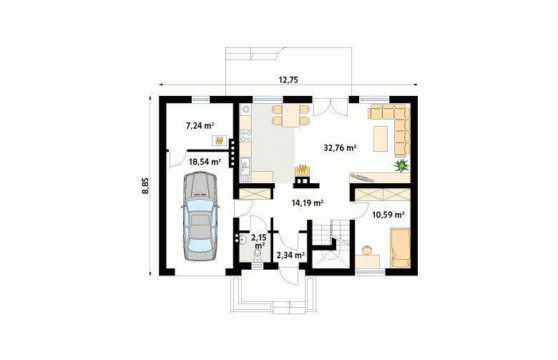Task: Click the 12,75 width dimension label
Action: pyautogui.click(x=288, y=80)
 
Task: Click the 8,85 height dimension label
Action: pyautogui.click(x=145, y=185)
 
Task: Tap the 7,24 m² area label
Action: pyautogui.click(x=200, y=125)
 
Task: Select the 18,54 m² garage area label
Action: pyautogui.click(x=205, y=162)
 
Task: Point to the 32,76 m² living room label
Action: pyautogui.click(x=341, y=147)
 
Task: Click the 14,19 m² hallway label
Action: pyautogui.click(x=308, y=203)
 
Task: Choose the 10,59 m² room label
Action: pyautogui.click(x=388, y=215)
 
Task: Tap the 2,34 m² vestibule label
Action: pyautogui.click(x=290, y=255)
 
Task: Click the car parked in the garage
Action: pyautogui.click(x=200, y=216)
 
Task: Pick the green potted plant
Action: pyautogui.click(x=402, y=165)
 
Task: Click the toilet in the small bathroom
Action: pyautogui.click(x=258, y=255)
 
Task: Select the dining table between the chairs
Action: pyautogui.click(x=291, y=116)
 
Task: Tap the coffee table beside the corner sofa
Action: pyautogui.click(x=381, y=139)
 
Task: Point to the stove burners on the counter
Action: pyautogui.click(x=245, y=136)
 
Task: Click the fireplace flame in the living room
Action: pyautogui.click(x=303, y=168)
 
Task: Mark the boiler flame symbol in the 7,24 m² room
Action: pyautogui.click(x=219, y=141)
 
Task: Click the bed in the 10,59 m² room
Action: pyautogui.click(x=401, y=248)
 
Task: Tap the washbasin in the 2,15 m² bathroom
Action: pyautogui.click(x=242, y=239)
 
